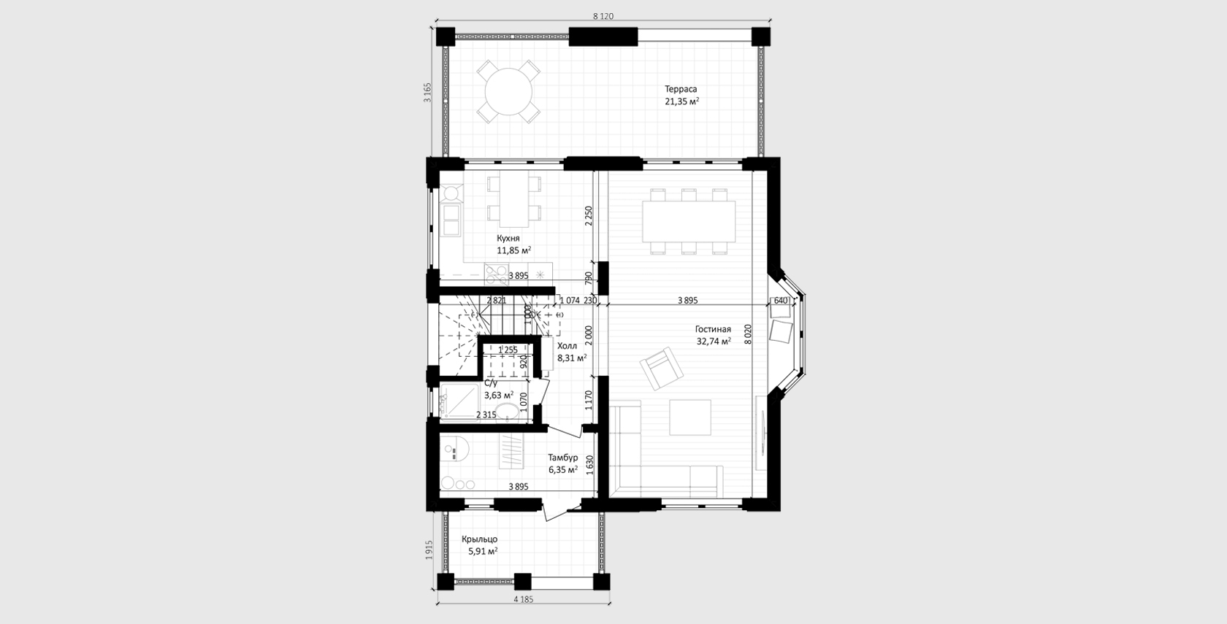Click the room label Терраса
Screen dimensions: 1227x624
(x=681, y=89)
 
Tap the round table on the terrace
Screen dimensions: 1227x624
(x=508, y=91)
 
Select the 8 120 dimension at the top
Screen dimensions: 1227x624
(x=603, y=16)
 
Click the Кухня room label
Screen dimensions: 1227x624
(x=508, y=238)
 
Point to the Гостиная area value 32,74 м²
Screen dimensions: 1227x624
(x=714, y=341)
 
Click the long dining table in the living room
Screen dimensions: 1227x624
(x=689, y=221)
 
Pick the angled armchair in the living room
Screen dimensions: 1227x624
(x=661, y=369)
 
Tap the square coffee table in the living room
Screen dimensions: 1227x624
(x=690, y=417)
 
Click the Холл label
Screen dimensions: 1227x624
(x=567, y=346)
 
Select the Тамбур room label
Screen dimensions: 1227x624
(x=563, y=458)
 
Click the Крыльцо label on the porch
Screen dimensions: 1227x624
(x=479, y=539)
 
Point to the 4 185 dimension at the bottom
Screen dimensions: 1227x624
(x=523, y=599)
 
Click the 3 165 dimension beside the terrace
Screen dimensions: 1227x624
(x=428, y=93)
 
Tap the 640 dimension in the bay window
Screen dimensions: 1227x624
(x=781, y=301)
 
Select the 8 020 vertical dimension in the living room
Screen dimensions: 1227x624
(x=748, y=334)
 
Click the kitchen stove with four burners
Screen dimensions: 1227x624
(x=497, y=274)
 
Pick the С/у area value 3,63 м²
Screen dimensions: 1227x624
(x=498, y=396)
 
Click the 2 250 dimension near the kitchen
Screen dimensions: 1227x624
(x=589, y=216)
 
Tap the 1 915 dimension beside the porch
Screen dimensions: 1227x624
(x=429, y=550)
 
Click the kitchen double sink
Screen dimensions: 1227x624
(x=451, y=220)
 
